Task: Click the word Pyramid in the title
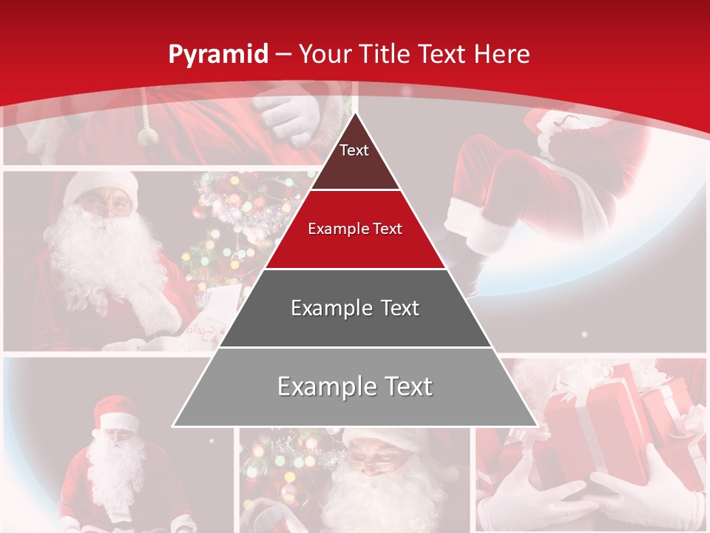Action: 218,54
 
